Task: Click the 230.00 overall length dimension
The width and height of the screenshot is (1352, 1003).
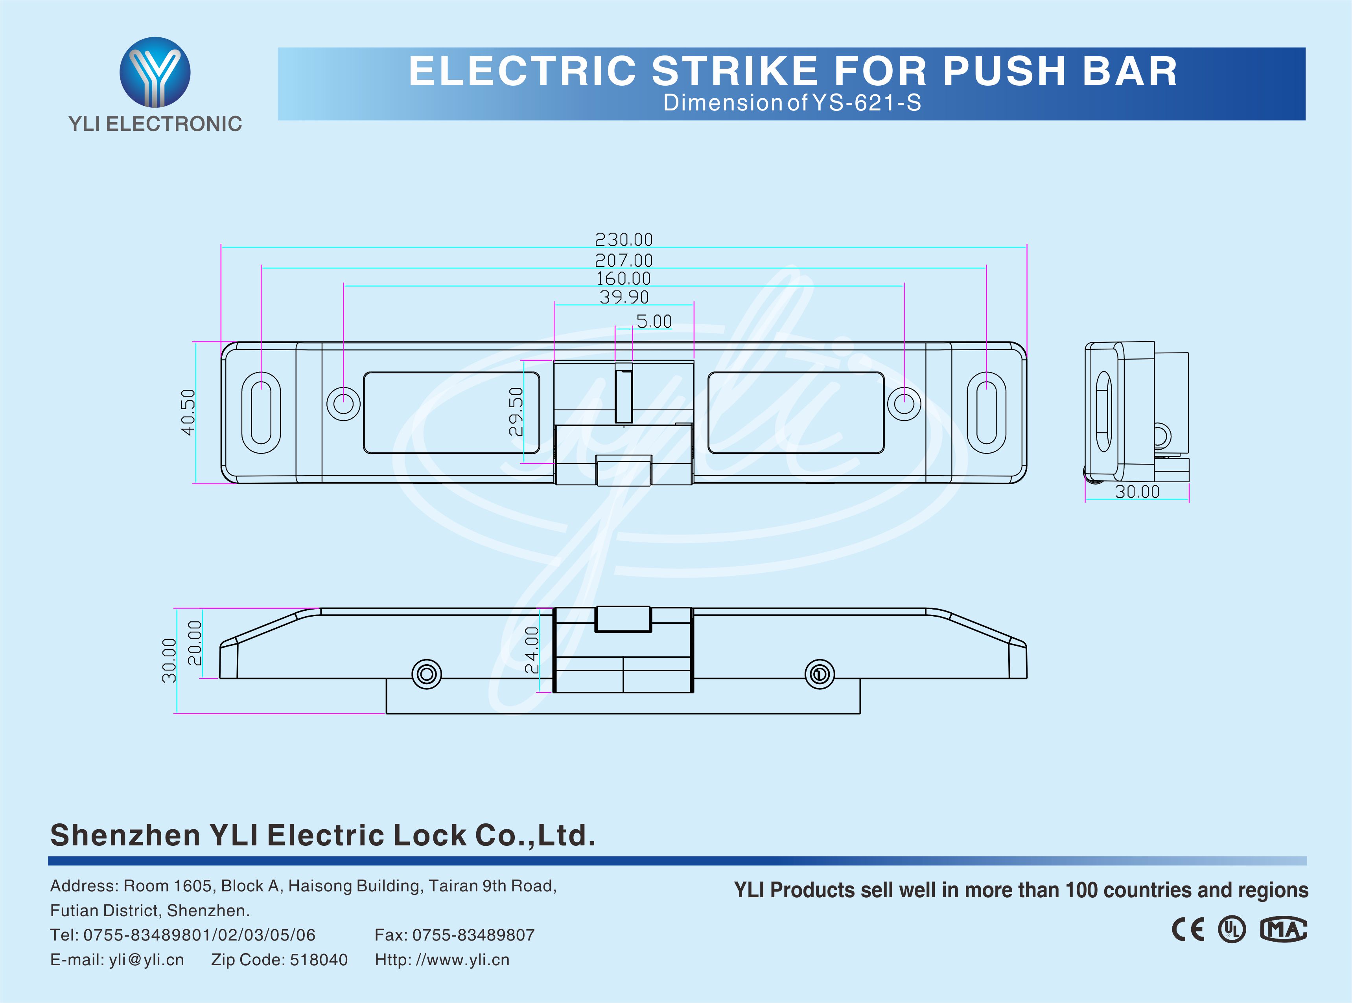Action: click(623, 239)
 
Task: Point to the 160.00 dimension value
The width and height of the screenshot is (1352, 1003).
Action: click(623, 279)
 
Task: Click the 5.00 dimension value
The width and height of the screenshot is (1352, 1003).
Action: click(654, 321)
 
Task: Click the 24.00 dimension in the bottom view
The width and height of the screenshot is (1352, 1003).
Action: click(531, 650)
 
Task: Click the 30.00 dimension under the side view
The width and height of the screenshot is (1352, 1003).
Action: click(1137, 492)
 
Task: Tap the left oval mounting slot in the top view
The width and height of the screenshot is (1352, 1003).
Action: click(261, 412)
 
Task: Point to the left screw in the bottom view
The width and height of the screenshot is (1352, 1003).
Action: click(426, 674)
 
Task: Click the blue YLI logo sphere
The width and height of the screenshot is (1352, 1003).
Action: click(155, 72)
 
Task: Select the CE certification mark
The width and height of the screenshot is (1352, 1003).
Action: click(1187, 930)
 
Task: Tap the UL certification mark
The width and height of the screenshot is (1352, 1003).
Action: click(1231, 930)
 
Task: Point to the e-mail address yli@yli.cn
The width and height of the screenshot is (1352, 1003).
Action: click(146, 960)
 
